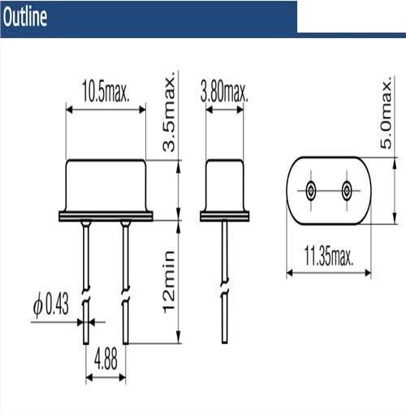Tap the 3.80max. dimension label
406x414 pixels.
(x=224, y=87)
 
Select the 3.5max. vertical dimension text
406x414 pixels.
(x=170, y=114)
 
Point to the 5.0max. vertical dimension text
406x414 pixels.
(x=388, y=114)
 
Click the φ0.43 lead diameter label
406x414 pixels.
(x=50, y=306)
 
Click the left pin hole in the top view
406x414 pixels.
(x=310, y=192)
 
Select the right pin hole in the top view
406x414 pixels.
(x=346, y=192)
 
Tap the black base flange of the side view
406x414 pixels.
(x=224, y=217)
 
